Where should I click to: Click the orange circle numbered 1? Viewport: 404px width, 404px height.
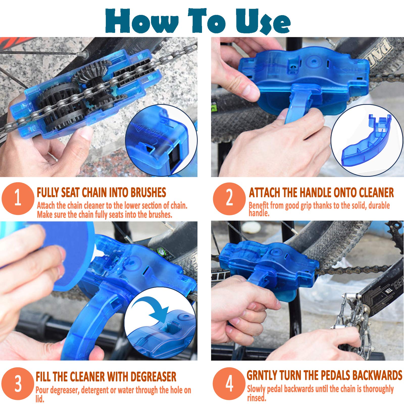click(18, 198)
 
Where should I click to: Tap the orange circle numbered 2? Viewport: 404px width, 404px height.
click(229, 198)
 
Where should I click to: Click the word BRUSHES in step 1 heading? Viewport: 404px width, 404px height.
click(148, 192)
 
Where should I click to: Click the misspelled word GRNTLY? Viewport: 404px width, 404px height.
click(262, 375)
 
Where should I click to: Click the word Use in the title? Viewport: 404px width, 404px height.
click(263, 21)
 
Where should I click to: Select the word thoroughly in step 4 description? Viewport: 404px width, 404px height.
click(378, 389)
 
